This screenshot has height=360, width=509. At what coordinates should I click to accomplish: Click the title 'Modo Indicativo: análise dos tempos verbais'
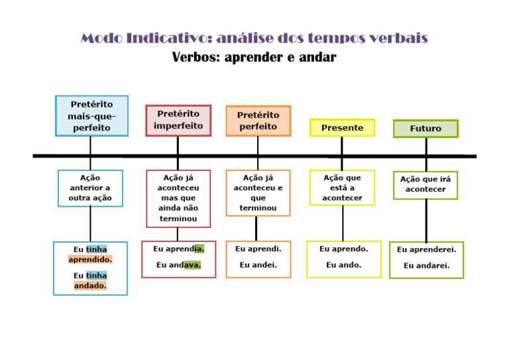pyautogui.click(x=254, y=38)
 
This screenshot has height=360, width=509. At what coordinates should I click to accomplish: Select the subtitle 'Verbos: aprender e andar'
pyautogui.click(x=254, y=58)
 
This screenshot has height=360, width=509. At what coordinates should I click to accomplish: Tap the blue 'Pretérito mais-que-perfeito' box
pyautogui.click(x=91, y=116)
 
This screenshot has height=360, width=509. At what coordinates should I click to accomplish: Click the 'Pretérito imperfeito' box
pyautogui.click(x=178, y=120)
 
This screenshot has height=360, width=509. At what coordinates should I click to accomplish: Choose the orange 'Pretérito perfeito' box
pyautogui.click(x=258, y=121)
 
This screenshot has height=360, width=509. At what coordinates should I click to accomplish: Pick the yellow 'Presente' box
pyautogui.click(x=342, y=128)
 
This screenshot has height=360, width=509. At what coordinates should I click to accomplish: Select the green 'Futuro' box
pyautogui.click(x=425, y=129)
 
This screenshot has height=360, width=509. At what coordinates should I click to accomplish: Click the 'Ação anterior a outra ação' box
pyautogui.click(x=90, y=188)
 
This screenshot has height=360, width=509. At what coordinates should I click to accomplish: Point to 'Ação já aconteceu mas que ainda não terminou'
pyautogui.click(x=178, y=198)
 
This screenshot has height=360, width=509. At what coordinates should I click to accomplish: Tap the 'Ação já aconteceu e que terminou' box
pyautogui.click(x=258, y=193)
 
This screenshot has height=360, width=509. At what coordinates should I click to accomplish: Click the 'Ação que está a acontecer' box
pyautogui.click(x=342, y=188)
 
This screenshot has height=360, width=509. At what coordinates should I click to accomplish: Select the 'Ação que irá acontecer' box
pyautogui.click(x=425, y=185)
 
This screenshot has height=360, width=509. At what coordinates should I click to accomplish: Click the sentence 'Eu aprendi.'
pyautogui.click(x=258, y=249)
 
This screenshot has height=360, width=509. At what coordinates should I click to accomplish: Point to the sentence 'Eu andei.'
pyautogui.click(x=258, y=265)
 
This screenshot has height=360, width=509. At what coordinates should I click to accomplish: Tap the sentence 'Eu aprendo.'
pyautogui.click(x=343, y=249)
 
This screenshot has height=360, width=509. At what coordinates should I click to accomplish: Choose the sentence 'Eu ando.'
pyautogui.click(x=343, y=265)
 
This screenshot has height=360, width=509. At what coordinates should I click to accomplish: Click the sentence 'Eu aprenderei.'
pyautogui.click(x=426, y=250)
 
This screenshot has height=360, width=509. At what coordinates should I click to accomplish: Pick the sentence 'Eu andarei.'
pyautogui.click(x=426, y=266)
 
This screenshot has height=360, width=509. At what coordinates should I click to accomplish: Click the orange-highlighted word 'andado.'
pyautogui.click(x=90, y=286)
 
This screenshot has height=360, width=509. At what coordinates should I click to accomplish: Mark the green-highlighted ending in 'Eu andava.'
pyautogui.click(x=192, y=265)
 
